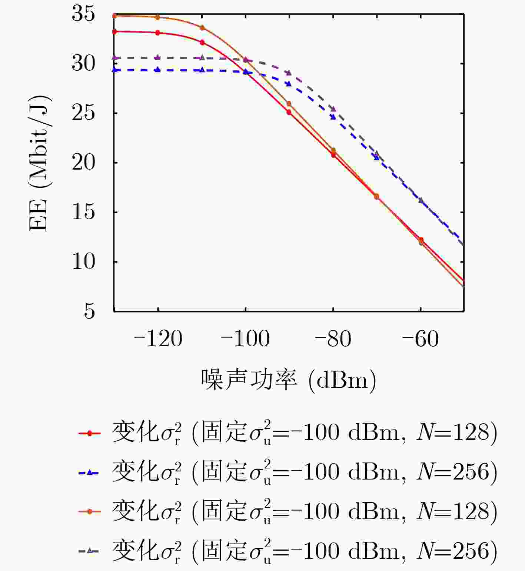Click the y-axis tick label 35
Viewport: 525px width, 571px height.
click(83, 14)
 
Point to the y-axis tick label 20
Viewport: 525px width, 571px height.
click(83, 163)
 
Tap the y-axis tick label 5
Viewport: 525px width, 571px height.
click(89, 311)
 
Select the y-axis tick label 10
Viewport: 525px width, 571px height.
click(83, 261)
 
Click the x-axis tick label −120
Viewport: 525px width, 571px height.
click(157, 339)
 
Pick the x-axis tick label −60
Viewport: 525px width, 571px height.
click(421, 339)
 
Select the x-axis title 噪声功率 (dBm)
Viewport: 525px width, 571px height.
click(288, 380)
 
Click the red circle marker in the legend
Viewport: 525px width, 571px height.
click(89, 433)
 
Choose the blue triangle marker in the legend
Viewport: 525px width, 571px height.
click(89, 473)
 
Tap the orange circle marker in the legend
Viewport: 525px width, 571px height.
click(89, 512)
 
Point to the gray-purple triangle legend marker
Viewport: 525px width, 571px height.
click(89, 551)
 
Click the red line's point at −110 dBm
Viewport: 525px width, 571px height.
click(202, 43)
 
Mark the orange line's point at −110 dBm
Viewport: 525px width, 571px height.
click(202, 28)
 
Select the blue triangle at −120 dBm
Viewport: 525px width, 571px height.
click(157, 70)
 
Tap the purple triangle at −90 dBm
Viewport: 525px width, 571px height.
click(289, 73)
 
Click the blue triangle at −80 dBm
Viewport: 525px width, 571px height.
click(333, 117)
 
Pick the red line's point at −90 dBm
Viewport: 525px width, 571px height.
click(289, 112)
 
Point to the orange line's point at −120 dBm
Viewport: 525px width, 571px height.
click(157, 17)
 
